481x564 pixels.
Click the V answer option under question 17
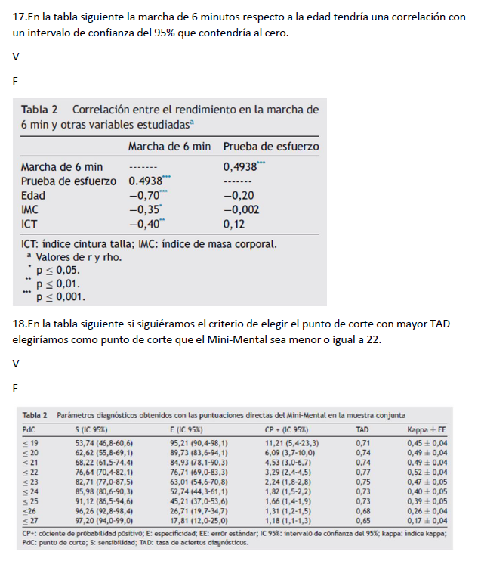16,57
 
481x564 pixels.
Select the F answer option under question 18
16,387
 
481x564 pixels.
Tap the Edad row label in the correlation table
33,195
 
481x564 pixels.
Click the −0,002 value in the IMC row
242,209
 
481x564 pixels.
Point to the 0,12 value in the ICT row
233,224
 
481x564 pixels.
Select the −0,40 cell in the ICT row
144,224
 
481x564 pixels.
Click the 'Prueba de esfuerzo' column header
270,146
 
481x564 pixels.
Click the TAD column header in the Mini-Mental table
362,428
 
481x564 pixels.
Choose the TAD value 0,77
362,469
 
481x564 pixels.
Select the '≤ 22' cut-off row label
31,469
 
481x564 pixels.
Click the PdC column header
29,428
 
